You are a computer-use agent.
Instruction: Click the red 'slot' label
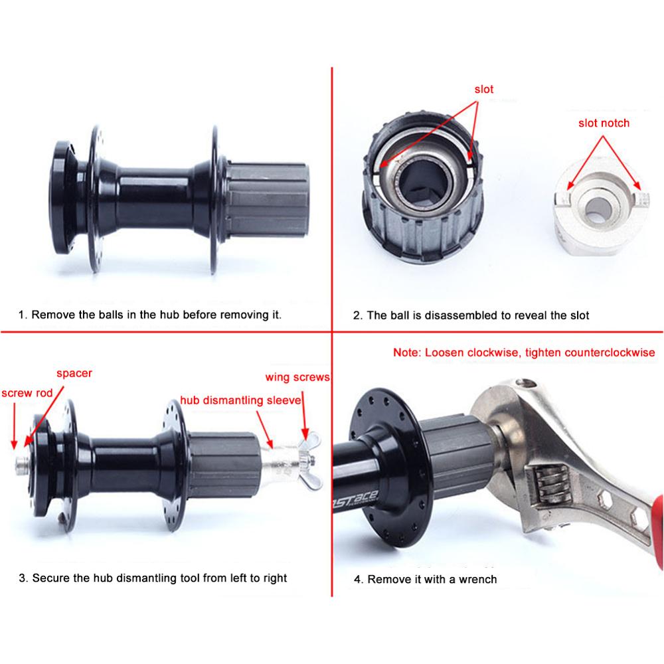tap(484, 89)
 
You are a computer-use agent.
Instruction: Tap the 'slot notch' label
tap(604, 123)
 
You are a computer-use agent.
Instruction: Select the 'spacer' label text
tap(74, 373)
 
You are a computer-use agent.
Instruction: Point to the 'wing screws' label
tap(297, 377)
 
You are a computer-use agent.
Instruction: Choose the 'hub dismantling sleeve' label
tap(241, 400)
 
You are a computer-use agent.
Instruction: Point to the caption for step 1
tap(149, 314)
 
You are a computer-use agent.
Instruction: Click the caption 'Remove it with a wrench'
tap(425, 579)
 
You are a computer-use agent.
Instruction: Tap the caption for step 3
tap(153, 578)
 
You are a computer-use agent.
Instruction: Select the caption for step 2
tap(471, 315)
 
